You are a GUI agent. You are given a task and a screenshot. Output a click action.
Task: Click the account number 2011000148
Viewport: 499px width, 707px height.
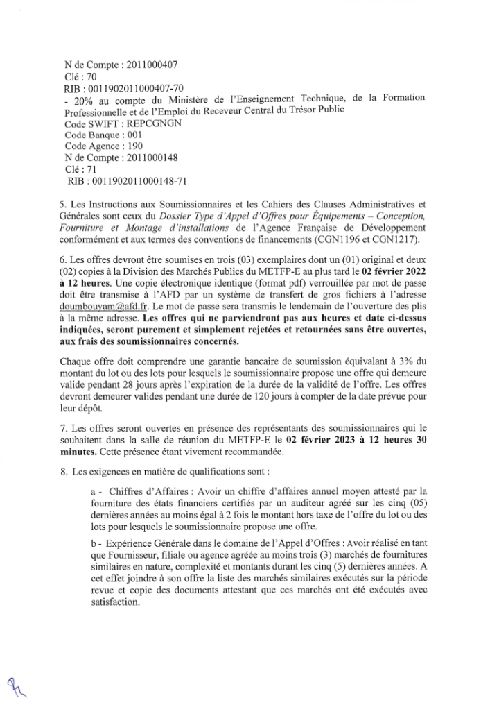click(x=150, y=157)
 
